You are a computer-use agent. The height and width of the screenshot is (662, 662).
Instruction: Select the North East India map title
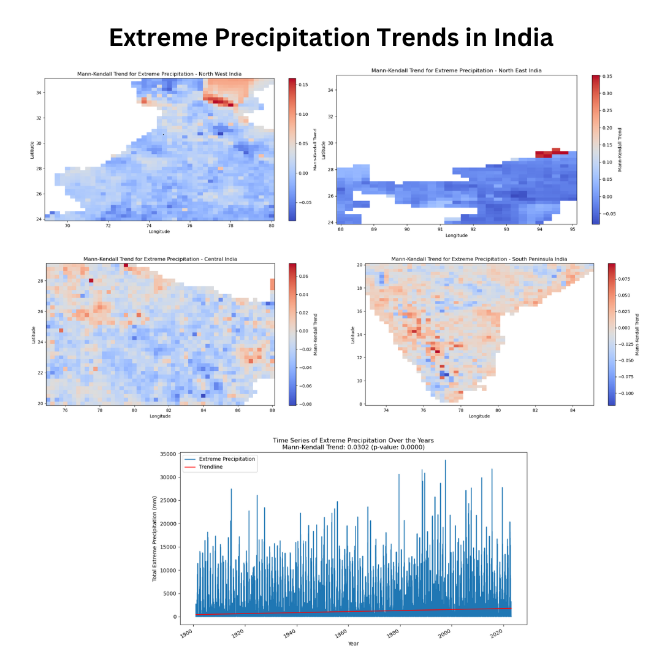pos(456,70)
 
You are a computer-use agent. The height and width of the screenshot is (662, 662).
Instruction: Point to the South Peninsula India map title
pos(479,259)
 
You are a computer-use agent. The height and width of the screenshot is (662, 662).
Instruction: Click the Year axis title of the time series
pos(353,644)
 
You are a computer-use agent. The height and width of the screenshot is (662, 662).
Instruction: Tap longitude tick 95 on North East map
pos(573,229)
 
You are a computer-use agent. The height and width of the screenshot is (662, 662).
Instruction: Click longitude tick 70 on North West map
pos(67,226)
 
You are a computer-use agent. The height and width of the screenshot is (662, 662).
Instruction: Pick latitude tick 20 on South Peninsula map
pos(360,265)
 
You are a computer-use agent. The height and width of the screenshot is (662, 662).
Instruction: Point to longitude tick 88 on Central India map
pos(272,410)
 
